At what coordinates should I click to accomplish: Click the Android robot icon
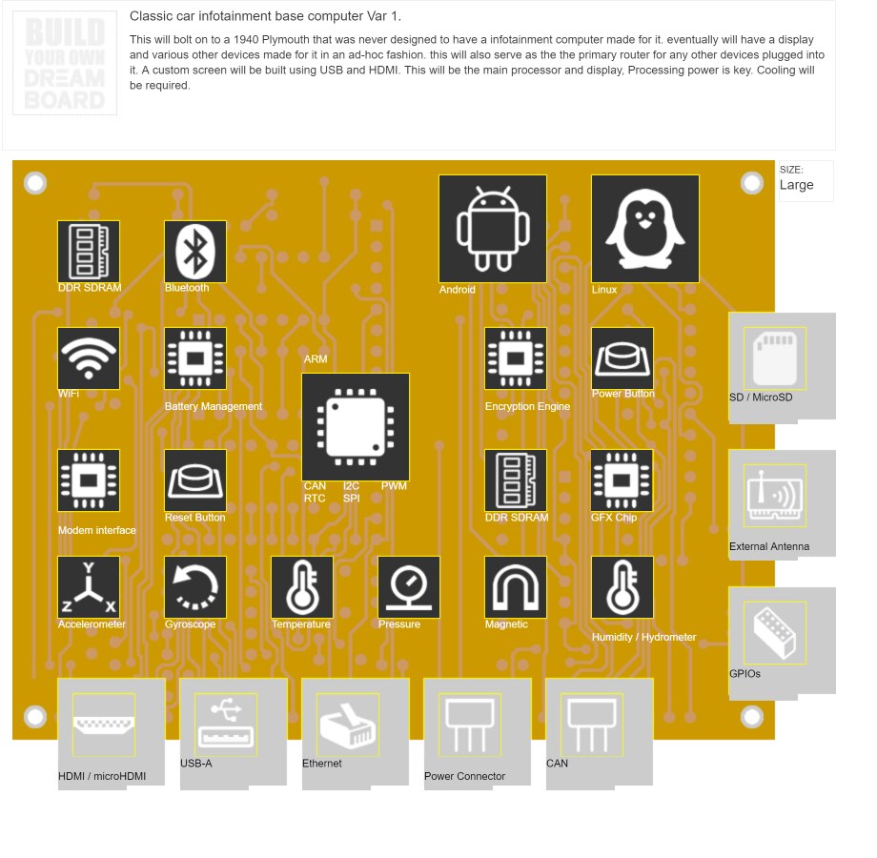[493, 229]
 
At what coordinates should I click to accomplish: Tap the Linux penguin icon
[645, 229]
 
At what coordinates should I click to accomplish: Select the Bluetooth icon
[195, 252]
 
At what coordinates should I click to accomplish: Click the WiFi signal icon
[89, 358]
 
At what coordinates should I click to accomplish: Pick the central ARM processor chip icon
[356, 426]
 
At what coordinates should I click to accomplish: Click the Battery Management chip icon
[195, 358]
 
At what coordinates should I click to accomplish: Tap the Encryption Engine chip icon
[516, 358]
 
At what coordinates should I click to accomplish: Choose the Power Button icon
[622, 358]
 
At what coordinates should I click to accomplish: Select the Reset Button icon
[195, 480]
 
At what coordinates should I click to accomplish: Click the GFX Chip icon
[622, 480]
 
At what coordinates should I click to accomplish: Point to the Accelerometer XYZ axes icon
[89, 587]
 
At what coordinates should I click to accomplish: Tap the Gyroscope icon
[195, 587]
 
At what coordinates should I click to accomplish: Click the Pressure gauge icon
[409, 587]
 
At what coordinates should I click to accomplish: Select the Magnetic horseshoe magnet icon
[516, 587]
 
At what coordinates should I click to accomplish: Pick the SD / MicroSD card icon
[774, 358]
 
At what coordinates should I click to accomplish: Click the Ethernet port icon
[348, 725]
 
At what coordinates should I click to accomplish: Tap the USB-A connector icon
[226, 725]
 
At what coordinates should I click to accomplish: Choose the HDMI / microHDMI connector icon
[104, 725]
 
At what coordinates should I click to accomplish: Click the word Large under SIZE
[796, 185]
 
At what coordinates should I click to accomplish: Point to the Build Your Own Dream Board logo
[65, 63]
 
